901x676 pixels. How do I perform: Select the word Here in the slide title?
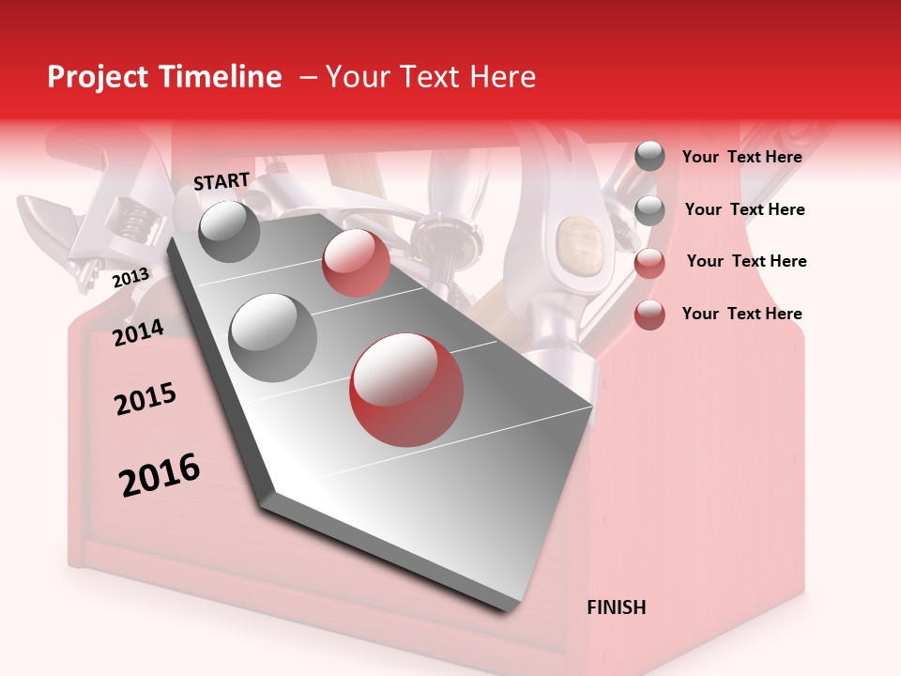502,77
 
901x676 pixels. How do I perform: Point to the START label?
221,181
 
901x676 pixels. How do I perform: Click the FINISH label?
616,607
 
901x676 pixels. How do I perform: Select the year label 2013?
130,277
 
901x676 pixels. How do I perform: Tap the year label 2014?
138,332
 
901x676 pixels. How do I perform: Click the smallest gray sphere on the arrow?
229,231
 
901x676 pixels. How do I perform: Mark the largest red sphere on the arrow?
406,389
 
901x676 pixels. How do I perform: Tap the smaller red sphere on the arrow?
356,263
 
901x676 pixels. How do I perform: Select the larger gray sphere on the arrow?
272,337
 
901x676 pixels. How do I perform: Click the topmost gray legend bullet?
649,157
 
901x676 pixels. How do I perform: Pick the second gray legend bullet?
649,210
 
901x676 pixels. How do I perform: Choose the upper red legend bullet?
649,263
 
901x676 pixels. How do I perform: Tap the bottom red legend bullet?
649,315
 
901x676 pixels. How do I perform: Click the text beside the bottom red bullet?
741,314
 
